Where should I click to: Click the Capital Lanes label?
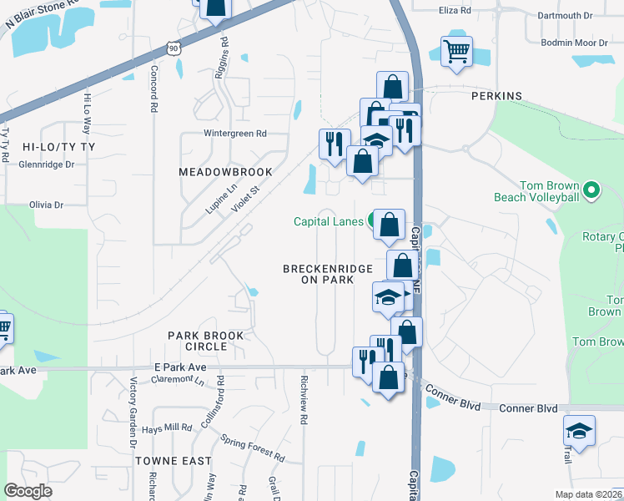click(327, 221)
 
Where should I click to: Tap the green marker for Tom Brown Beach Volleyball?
click(591, 191)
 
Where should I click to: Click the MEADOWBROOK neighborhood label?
click(225, 172)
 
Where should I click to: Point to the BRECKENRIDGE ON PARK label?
click(327, 274)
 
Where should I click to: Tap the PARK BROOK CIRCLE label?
click(206, 341)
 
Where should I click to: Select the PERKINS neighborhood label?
click(496, 96)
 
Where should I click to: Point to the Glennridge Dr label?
click(46, 164)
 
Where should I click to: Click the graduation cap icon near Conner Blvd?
click(579, 431)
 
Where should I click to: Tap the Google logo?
click(28, 491)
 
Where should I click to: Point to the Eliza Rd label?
click(455, 11)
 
